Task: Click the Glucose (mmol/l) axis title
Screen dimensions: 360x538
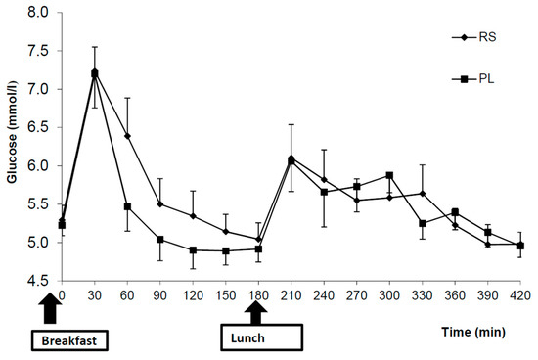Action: [x=12, y=147]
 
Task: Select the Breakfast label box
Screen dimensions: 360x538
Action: [x=68, y=339]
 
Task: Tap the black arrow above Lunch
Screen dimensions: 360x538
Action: [x=256, y=313]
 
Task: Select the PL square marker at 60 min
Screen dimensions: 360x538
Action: [x=127, y=206]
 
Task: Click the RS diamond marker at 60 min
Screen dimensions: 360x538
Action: [x=127, y=136]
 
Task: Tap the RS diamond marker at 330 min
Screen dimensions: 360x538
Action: [x=422, y=194]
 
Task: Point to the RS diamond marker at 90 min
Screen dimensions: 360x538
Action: [x=160, y=204]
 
